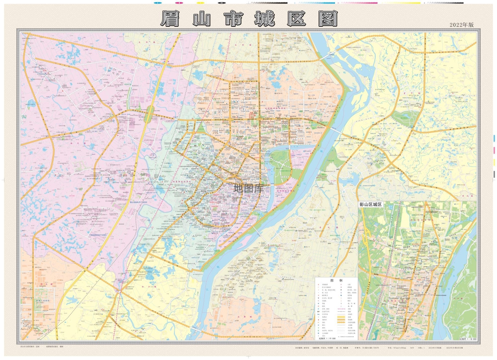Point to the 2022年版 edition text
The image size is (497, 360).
(x=462, y=24)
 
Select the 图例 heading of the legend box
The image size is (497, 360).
(x=336, y=281)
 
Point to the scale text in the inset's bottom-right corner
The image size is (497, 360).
(x=466, y=338)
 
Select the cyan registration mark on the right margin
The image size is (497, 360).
(x=494, y=138)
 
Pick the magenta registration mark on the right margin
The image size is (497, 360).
(x=494, y=150)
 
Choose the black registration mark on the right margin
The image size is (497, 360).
(x=494, y=174)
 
